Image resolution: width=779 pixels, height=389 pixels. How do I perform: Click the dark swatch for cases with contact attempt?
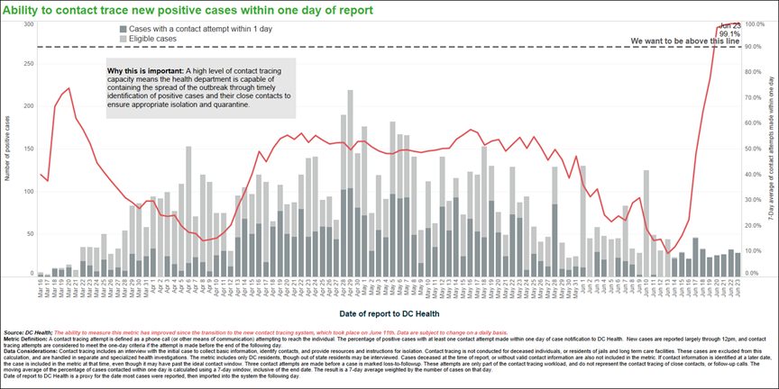tap(124, 30)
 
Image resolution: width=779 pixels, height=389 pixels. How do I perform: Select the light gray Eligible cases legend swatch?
tap(124, 40)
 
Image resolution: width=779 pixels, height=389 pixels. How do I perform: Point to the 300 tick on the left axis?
tap(29, 24)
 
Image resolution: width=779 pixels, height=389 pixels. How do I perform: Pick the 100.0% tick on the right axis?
tap(756, 24)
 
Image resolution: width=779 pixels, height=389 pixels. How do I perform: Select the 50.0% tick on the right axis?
tap(754, 149)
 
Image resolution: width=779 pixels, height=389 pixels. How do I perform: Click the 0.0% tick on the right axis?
tap(752, 273)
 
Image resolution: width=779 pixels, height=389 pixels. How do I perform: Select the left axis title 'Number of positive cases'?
tap(8, 149)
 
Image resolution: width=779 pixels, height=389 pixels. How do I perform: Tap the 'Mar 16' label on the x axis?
tap(41, 286)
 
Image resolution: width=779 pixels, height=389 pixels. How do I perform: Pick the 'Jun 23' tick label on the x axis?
tap(738, 286)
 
